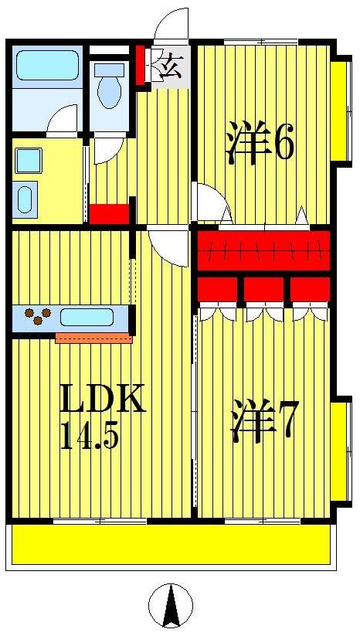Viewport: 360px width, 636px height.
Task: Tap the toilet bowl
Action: pos(110,89)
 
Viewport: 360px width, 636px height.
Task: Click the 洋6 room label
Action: pos(260,142)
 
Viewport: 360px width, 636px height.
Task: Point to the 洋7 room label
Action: pos(263,423)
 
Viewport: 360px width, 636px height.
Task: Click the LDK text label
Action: pos(102,401)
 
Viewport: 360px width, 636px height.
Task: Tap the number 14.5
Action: pos(89,437)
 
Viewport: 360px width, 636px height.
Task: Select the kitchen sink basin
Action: pos(87,317)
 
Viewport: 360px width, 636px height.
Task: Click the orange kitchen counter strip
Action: pos(93,338)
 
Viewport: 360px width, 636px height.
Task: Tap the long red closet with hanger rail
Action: pos(263,250)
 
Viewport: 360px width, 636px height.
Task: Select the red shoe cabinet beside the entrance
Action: pos(141,66)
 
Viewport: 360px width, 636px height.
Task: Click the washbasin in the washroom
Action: pos(29,161)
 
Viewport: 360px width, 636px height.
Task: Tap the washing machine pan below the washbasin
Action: pos(25,199)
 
